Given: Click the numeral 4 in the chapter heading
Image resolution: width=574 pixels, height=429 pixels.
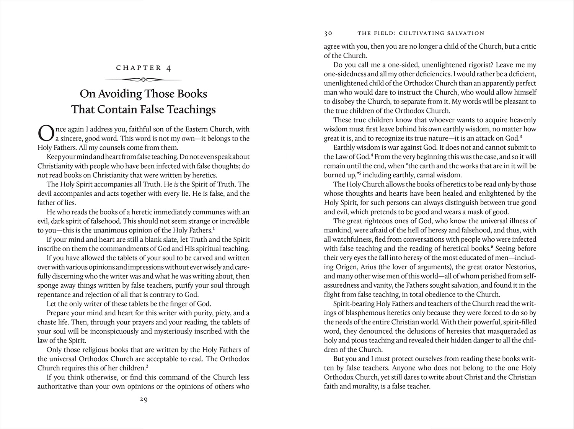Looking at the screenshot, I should click(x=168, y=68).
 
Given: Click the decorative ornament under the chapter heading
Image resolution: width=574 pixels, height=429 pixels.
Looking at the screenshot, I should click(x=143, y=80).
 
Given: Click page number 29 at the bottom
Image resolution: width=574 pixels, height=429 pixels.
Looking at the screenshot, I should click(x=143, y=400).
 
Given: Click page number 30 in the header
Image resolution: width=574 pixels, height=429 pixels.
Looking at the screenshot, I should click(x=328, y=33).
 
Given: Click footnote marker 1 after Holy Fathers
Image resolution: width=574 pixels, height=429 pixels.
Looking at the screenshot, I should click(x=213, y=229).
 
